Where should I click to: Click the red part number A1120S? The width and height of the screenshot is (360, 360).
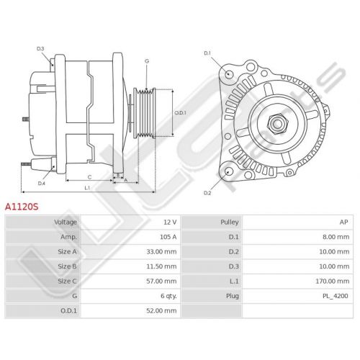pos(22,207)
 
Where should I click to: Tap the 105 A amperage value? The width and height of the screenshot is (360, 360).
pos(168,237)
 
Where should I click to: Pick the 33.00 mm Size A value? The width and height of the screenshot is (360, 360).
pos(161,251)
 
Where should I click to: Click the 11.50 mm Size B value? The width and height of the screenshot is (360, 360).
pos(161,266)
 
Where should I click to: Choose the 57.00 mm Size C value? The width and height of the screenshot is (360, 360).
pos(161,281)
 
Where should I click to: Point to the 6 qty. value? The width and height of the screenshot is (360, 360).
pos(168,296)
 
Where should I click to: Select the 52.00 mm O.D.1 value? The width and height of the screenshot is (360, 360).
pos(161,310)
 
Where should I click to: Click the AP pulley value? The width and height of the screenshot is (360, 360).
pos(343,222)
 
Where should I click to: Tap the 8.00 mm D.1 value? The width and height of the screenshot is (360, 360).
pos(336,237)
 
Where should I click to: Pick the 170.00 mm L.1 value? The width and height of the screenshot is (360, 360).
pos(333,281)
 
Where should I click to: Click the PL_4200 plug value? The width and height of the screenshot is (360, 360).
pos(335,296)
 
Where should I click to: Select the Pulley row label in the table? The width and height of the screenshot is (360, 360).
pos(230,222)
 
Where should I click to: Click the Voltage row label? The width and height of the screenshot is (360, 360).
pos(66,222)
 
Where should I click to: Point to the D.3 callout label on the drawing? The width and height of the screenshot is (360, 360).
pos(40,49)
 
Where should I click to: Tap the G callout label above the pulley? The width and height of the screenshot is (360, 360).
pos(147,61)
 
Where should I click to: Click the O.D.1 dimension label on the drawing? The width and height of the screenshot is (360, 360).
pos(180,112)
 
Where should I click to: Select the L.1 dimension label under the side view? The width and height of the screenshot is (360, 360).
pos(87,188)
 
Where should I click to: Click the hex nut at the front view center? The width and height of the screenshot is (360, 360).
pos(278,123)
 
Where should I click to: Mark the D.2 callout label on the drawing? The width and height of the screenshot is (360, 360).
pos(207,193)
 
